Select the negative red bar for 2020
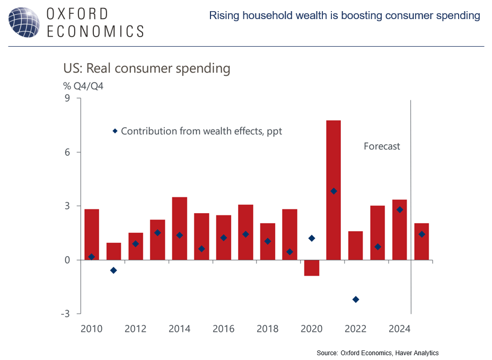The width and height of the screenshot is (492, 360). click(312, 268)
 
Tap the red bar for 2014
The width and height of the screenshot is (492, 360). click(180, 228)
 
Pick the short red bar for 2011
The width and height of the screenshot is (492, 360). click(113, 251)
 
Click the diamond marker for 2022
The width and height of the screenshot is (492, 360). click(355, 300)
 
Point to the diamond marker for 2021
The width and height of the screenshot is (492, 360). click(333, 191)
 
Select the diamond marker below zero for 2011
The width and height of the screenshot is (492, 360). click(113, 270)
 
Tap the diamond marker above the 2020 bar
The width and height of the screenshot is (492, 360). click(312, 238)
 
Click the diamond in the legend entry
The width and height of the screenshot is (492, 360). click(115, 131)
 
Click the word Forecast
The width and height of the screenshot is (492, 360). click(382, 146)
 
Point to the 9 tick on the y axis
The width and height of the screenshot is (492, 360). click(66, 98)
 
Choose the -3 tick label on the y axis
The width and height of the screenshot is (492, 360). click(64, 314)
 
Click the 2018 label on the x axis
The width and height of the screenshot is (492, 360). click(268, 329)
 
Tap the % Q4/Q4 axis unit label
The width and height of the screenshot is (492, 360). click(81, 86)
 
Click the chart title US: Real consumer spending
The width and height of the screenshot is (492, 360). click(146, 68)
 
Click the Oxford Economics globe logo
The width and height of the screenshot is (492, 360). click(23, 22)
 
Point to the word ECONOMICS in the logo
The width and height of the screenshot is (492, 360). click(95, 31)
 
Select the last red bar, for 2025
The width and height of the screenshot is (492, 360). click(421, 241)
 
